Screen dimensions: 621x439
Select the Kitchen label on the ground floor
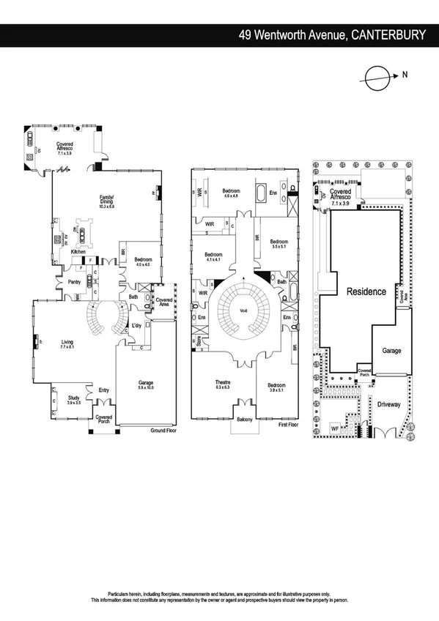78,252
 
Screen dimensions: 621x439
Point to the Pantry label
73,280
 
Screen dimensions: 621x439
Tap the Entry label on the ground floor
103,390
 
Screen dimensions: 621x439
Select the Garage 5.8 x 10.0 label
147,384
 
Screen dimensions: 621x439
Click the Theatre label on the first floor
223,384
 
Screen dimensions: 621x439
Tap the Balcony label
244,420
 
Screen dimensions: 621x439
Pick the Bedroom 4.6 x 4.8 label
232,193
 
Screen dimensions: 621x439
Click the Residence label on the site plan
366,291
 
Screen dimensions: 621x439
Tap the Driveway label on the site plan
390,404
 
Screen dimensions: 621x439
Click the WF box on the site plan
335,428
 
